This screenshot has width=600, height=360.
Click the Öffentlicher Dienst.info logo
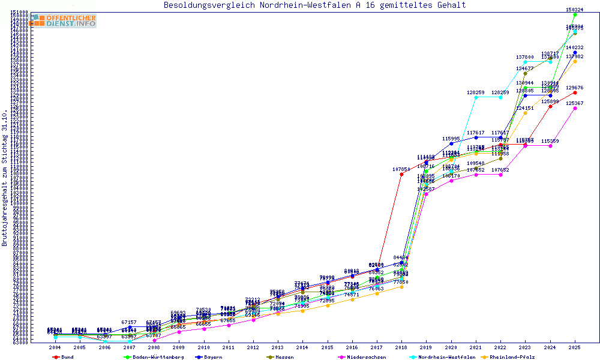pyautogui.click(x=62, y=20)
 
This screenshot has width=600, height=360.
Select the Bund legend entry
pyautogui.click(x=64, y=357)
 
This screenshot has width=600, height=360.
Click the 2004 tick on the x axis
pyautogui.click(x=55, y=347)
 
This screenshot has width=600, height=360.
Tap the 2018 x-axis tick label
pyautogui.click(x=401, y=347)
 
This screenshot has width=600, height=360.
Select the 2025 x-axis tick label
pyautogui.click(x=575, y=347)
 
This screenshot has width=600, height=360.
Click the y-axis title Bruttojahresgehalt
pyautogui.click(x=5, y=178)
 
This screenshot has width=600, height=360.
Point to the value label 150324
pyautogui.click(x=575, y=10)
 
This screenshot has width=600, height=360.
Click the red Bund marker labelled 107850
pyautogui.click(x=401, y=175)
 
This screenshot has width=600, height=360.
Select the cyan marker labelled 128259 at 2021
pyautogui.click(x=476, y=97)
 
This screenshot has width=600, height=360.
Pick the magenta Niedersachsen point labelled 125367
pyautogui.click(x=575, y=109)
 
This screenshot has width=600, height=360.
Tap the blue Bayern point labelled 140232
pyautogui.click(x=575, y=53)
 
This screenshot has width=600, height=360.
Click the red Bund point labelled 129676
pyautogui.click(x=575, y=92)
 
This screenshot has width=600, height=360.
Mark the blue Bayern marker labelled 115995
pyautogui.click(x=451, y=143)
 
